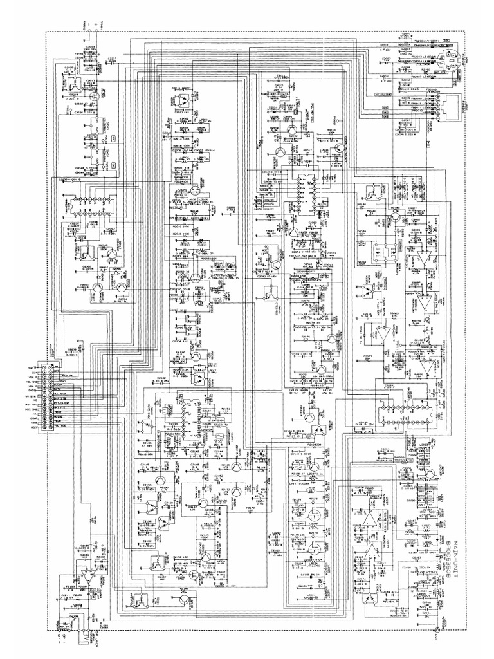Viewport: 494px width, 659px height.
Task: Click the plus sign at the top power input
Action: click(96, 23)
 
